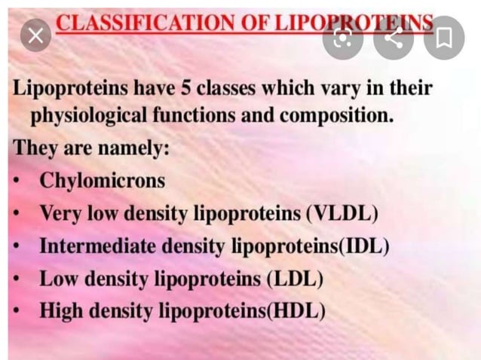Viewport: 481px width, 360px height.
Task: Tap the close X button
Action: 35,35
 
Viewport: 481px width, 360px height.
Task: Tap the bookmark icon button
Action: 443,36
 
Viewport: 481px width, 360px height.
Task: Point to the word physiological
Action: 90,117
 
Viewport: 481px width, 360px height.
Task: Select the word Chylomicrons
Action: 102,181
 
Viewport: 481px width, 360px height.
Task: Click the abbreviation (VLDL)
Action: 341,213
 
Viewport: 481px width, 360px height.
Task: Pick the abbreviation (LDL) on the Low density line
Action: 295,279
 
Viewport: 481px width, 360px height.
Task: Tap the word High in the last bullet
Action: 60,310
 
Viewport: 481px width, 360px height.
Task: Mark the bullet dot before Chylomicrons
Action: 17,182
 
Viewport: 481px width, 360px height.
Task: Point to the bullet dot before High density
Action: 17,310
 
